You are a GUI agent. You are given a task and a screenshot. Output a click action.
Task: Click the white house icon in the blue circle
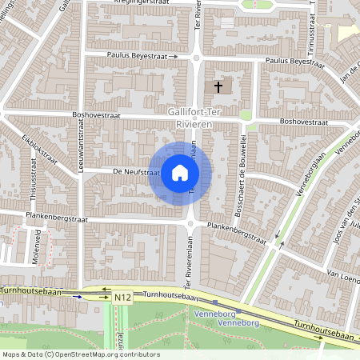point(180,173)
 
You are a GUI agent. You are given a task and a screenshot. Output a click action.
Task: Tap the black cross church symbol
point(218,85)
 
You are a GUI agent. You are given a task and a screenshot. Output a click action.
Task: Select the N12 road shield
point(122,298)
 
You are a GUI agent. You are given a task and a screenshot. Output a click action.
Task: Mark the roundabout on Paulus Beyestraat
point(196,57)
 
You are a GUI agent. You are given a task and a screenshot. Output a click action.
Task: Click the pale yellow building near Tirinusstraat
point(349,32)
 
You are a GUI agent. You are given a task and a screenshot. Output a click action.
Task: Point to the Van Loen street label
point(339,275)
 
